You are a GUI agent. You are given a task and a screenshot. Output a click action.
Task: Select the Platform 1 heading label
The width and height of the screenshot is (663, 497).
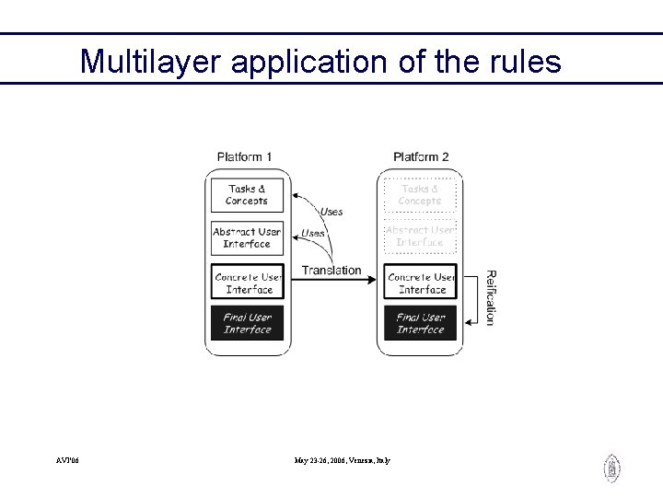244,156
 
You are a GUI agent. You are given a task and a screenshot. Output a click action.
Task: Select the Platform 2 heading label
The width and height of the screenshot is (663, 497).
421,156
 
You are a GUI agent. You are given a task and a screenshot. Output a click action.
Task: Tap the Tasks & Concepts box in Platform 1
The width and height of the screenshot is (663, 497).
247,195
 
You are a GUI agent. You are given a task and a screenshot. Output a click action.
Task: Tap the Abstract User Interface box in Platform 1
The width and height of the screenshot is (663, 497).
247,238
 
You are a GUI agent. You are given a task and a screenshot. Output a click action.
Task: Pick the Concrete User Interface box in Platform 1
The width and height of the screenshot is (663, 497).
247,283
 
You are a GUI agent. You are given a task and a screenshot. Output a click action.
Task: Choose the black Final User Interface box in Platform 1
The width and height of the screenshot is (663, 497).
247,324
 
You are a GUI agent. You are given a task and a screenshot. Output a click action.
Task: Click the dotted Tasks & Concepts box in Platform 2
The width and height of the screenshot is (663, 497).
420,195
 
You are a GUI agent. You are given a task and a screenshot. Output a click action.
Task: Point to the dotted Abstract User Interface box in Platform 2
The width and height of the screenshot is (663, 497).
420,237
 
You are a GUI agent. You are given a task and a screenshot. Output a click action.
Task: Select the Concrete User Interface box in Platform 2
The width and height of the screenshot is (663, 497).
421,283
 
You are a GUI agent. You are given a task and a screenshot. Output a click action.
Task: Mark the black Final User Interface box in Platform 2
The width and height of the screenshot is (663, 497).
421,324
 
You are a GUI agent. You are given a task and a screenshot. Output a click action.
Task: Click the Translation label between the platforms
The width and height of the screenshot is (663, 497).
331,270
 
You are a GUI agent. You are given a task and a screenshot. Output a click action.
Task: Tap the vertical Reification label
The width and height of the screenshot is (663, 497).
490,297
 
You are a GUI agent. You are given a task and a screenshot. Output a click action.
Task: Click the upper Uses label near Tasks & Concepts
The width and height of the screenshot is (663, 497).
331,212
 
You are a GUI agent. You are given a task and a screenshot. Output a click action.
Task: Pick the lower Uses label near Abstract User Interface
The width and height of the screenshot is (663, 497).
313,234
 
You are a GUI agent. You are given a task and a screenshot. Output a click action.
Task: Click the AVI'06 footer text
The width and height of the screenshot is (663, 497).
67,459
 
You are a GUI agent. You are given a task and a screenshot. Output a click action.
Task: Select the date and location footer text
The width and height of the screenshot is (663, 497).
342,459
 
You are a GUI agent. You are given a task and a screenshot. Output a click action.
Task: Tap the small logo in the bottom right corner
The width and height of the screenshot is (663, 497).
611,468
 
